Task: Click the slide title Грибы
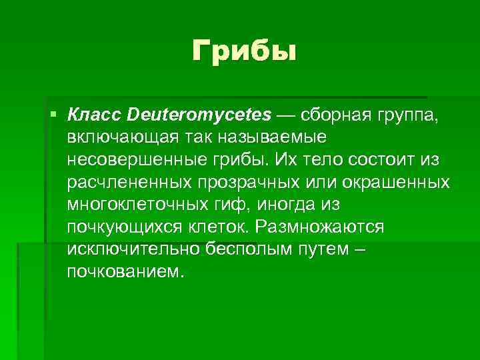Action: (243, 51)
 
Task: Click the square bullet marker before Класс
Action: (53, 115)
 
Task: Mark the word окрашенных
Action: (394, 183)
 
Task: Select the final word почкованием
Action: (125, 273)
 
